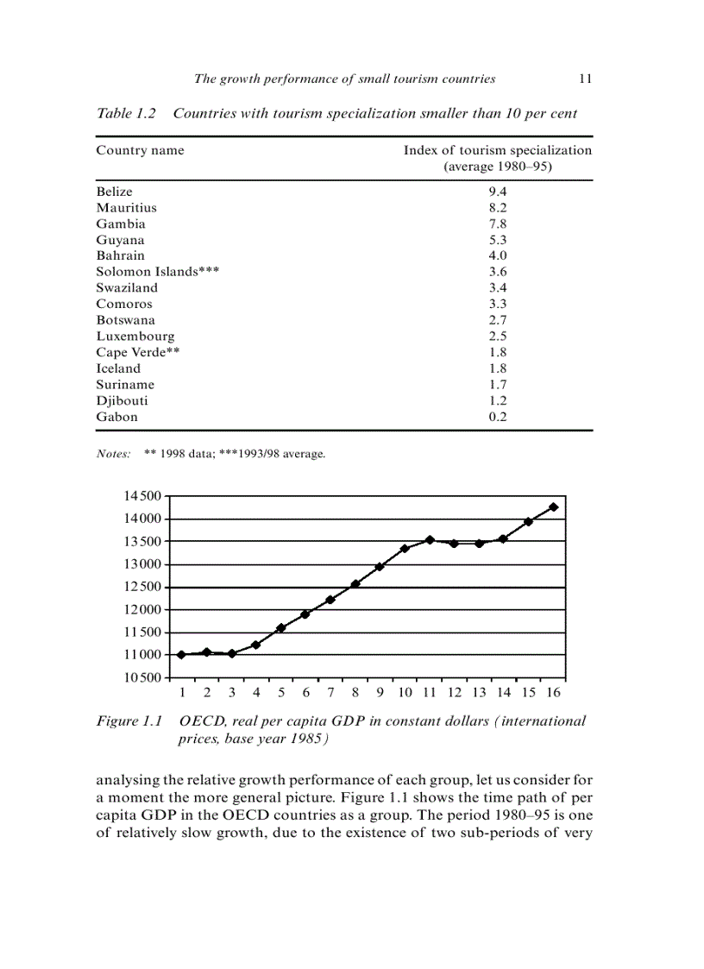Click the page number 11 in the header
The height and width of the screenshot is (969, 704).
click(x=585, y=79)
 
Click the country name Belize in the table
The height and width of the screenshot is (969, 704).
click(x=114, y=192)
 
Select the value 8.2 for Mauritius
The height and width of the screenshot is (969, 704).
click(x=498, y=208)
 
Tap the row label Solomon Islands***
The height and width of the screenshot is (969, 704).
click(x=157, y=272)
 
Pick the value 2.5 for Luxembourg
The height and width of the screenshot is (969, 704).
click(x=498, y=337)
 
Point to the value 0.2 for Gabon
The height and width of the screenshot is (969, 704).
click(x=498, y=417)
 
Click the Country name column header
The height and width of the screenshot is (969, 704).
click(x=140, y=150)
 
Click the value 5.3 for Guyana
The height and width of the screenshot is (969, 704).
click(x=498, y=240)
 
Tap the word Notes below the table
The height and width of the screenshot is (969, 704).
click(x=113, y=453)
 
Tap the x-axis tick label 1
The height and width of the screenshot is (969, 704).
click(x=182, y=692)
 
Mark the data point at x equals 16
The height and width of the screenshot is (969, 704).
click(x=554, y=507)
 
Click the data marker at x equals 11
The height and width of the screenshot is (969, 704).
click(x=430, y=540)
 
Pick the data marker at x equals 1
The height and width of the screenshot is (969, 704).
click(x=181, y=654)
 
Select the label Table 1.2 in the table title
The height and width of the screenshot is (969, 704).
click(x=126, y=113)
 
